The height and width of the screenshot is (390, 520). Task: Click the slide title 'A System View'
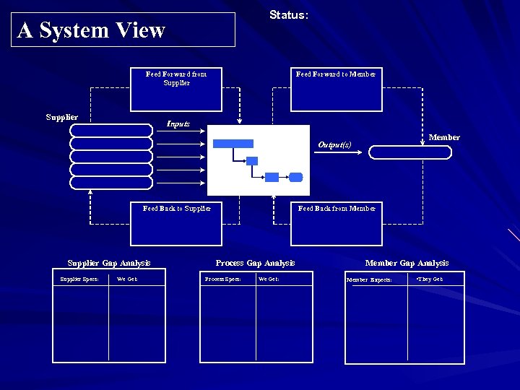pos(92,30)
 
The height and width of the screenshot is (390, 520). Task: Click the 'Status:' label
pos(289,15)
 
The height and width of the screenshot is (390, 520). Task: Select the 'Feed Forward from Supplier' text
pos(176,78)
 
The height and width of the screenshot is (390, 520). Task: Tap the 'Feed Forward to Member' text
pos(336,74)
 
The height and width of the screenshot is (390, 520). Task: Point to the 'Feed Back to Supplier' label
pos(177,209)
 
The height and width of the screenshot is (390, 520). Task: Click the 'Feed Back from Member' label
pos(337,209)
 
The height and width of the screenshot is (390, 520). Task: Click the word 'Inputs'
pos(178,123)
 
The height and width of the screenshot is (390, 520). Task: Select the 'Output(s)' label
pos(334,144)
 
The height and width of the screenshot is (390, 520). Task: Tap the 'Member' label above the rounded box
pos(444,137)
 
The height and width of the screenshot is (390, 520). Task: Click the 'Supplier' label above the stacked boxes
pos(62,117)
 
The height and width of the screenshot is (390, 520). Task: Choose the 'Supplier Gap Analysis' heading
pos(109,263)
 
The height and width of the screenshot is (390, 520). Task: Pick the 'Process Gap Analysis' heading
pos(255,263)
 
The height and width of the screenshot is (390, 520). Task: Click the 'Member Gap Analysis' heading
pos(407,263)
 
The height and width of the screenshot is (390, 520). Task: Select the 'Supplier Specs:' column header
pos(79,279)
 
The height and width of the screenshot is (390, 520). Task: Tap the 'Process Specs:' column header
pos(223,279)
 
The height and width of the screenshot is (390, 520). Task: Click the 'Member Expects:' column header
pos(370,279)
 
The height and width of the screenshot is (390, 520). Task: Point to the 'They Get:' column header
pos(430,279)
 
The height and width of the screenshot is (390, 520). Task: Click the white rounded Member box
pos(414,152)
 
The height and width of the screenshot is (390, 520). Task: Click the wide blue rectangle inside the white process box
pos(233,144)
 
